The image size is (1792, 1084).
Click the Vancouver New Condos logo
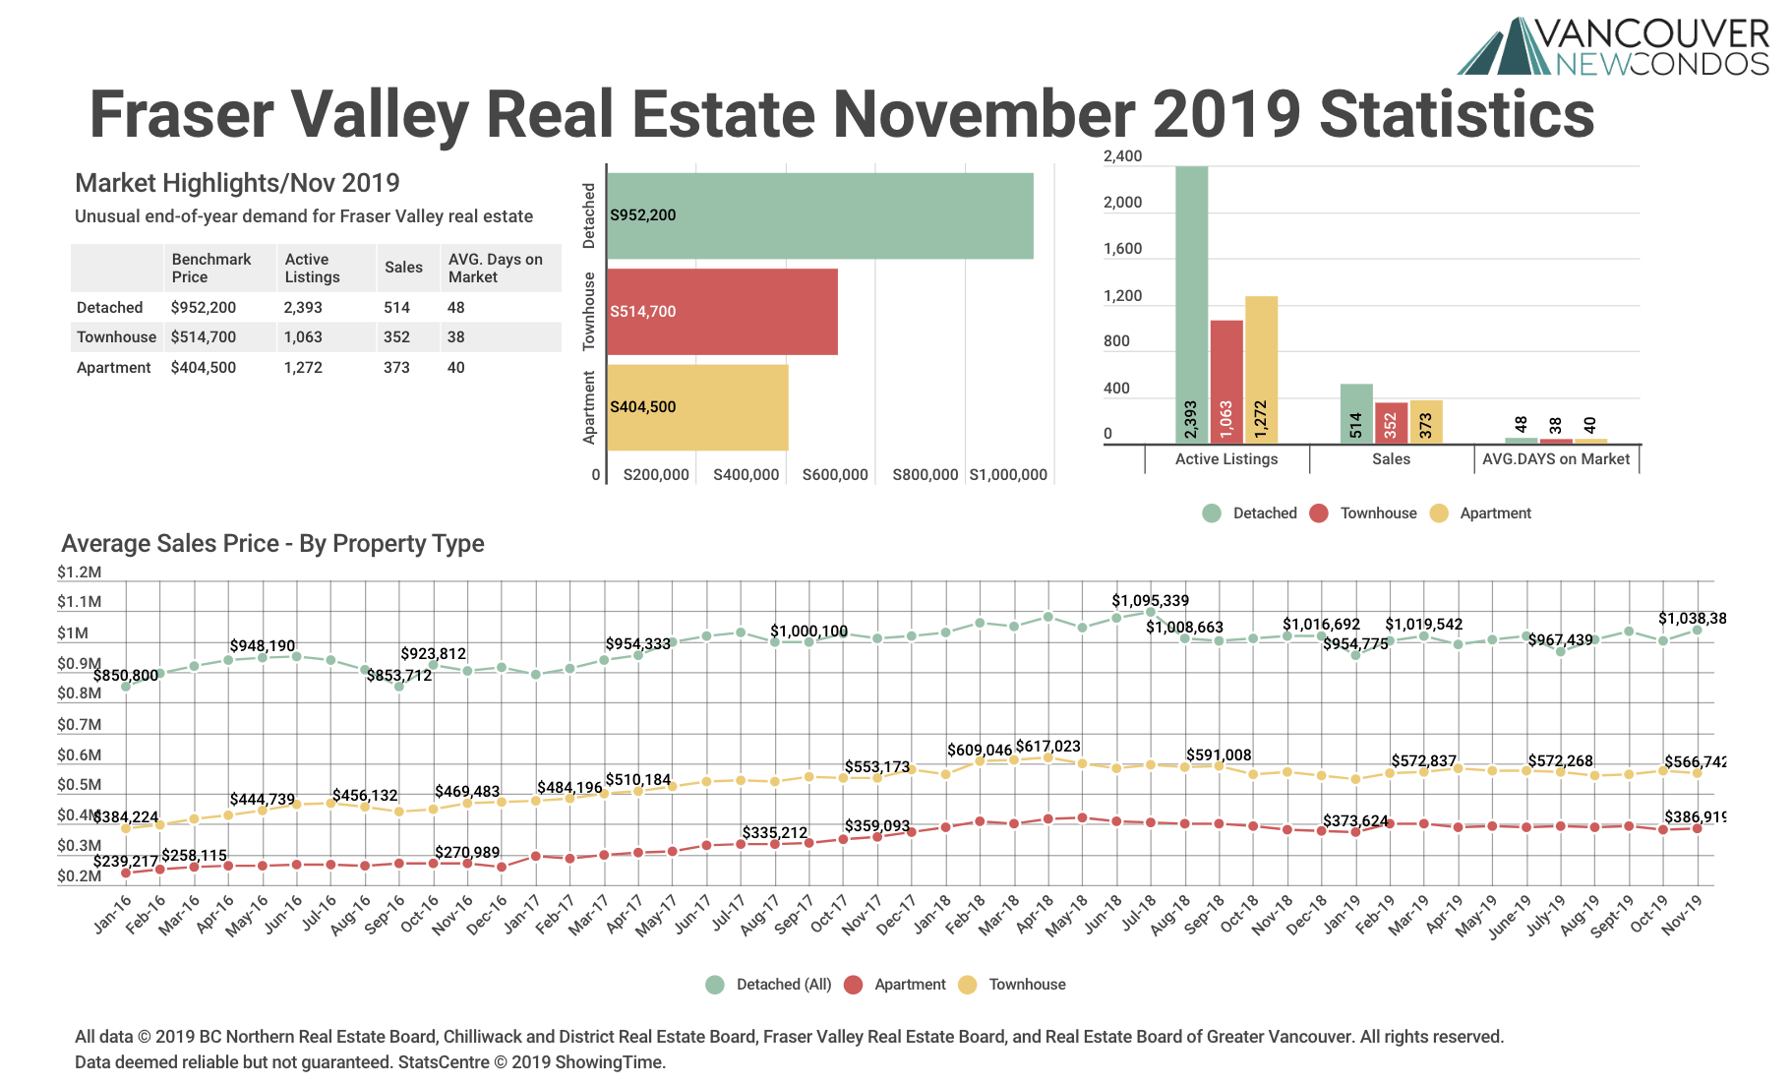(x=1613, y=46)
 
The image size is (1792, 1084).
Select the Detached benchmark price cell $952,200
(x=204, y=308)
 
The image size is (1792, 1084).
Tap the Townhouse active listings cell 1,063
(x=303, y=337)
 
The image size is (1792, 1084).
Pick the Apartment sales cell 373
(x=396, y=368)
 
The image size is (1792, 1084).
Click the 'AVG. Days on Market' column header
(x=496, y=269)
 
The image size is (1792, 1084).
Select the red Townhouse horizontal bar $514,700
(x=722, y=312)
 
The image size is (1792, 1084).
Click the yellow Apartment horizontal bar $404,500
(x=697, y=407)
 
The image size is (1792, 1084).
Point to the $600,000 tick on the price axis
(x=835, y=475)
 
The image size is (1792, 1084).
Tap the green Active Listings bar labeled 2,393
(x=1191, y=305)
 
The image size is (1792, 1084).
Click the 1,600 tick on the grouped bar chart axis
(x=1123, y=249)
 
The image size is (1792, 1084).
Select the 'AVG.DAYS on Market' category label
(x=1555, y=459)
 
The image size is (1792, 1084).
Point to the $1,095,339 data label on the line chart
(x=1150, y=601)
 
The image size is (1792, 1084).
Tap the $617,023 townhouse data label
(x=1047, y=747)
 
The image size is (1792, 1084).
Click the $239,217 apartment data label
(x=126, y=862)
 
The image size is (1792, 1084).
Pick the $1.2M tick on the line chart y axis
(x=79, y=572)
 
